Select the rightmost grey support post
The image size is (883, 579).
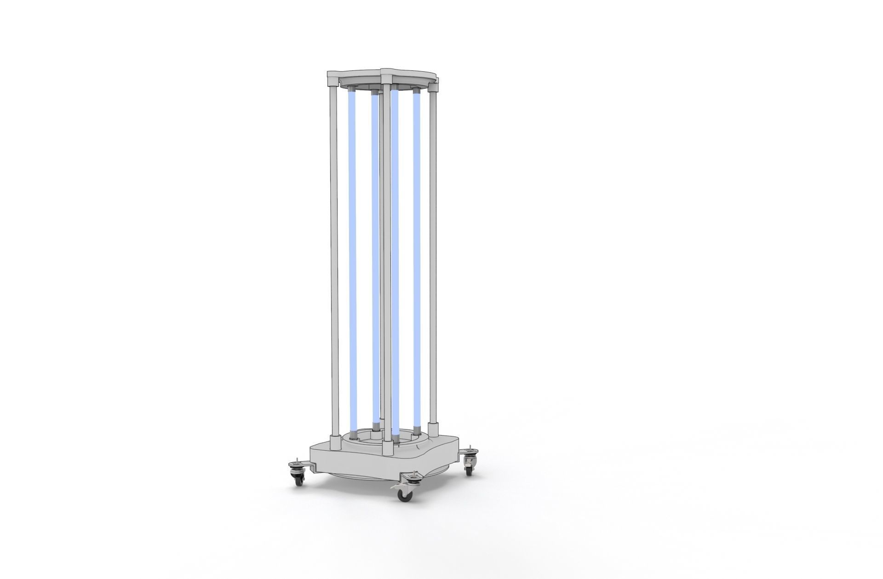(x=432, y=258)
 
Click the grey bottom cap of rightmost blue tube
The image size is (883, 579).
(x=417, y=430)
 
